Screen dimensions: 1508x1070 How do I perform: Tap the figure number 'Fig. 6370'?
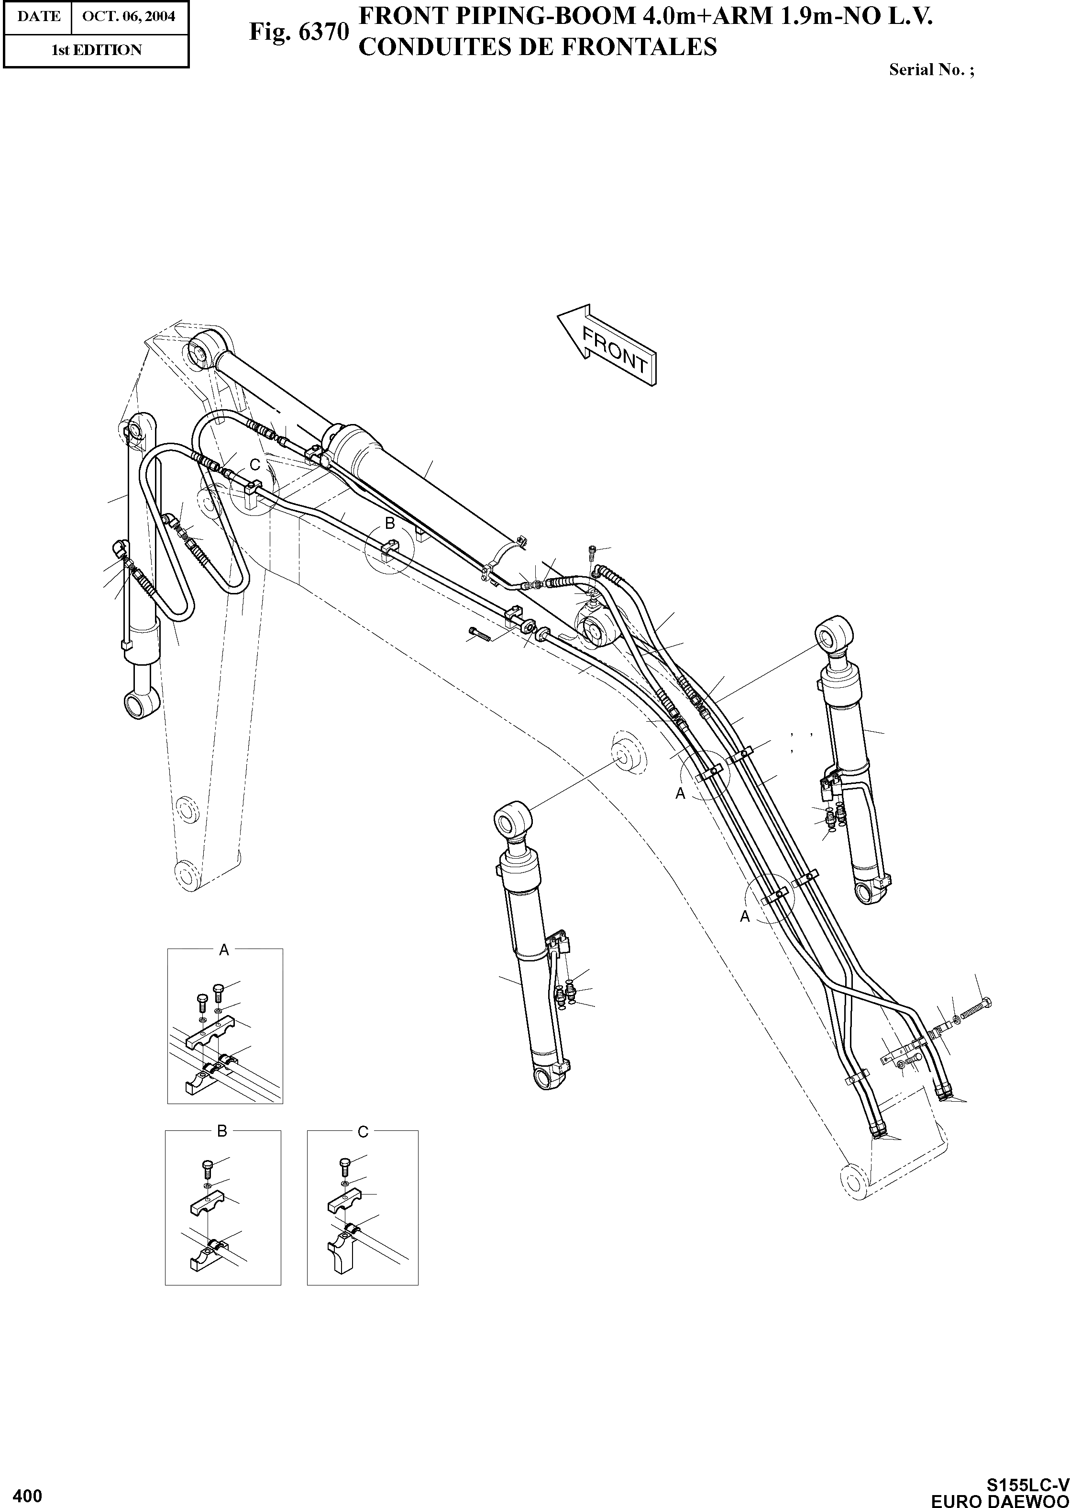[298, 32]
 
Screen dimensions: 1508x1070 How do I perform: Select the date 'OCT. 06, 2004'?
[129, 16]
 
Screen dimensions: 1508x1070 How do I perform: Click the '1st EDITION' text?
[96, 51]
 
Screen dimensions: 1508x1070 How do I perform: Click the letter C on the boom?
[255, 465]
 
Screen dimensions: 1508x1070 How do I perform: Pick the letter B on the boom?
[389, 523]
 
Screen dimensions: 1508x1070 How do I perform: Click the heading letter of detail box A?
[223, 950]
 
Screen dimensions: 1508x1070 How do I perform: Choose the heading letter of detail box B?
[222, 1131]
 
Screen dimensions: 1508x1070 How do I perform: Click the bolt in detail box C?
[344, 1164]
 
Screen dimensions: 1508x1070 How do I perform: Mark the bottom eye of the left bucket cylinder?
[142, 703]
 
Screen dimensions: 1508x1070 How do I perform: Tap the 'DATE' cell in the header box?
[38, 16]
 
